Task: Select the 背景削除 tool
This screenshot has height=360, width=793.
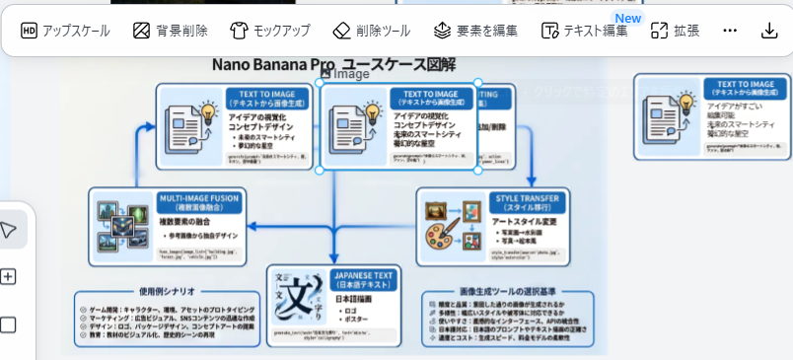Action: click(170, 31)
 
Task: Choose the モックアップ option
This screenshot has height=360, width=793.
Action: click(269, 31)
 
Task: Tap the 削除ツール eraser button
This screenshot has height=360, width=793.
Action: click(371, 31)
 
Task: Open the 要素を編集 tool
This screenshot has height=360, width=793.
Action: click(475, 31)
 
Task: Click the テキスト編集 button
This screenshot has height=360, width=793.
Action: click(584, 31)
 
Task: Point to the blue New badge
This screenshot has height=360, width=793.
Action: click(627, 18)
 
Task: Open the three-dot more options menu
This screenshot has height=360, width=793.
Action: click(730, 31)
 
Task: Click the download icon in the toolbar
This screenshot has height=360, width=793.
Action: click(769, 31)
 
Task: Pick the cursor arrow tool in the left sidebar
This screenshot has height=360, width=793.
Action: click(9, 230)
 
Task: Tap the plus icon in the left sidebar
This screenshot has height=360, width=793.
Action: click(9, 276)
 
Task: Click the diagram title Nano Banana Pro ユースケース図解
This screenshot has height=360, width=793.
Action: click(333, 65)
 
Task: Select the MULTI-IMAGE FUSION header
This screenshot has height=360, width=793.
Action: click(198, 203)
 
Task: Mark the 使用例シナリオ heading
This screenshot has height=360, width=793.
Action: click(167, 292)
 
